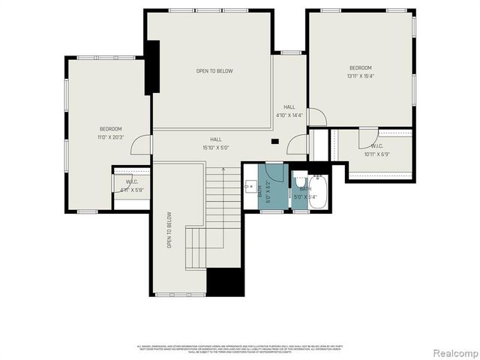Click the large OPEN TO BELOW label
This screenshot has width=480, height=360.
point(214,71)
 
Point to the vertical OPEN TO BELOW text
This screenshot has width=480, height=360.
point(169,229)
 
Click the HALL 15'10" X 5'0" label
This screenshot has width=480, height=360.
point(216,143)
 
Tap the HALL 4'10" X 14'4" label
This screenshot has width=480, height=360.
point(289,112)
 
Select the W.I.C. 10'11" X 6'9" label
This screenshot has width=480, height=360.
point(378,151)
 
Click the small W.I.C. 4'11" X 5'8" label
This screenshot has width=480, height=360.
point(132,186)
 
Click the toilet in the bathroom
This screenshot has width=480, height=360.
point(298,181)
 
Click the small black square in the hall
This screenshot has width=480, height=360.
point(275,141)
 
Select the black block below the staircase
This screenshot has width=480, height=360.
point(225,282)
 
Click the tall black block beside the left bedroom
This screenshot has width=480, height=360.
point(152,67)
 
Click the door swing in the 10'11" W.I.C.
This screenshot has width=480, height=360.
point(367,139)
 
